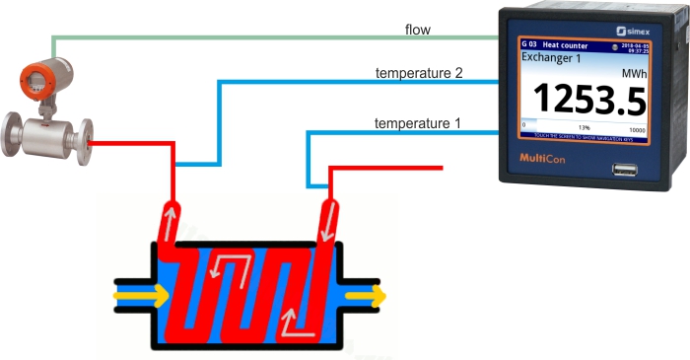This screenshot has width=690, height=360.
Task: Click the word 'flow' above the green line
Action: (x=417, y=31)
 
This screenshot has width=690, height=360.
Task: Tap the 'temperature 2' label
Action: (x=418, y=74)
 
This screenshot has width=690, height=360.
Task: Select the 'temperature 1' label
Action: (x=417, y=123)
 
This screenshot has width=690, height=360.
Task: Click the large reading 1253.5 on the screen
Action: (x=589, y=101)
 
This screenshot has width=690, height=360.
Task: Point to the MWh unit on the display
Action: (x=634, y=74)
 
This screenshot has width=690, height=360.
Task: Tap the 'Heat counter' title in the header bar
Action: (x=565, y=45)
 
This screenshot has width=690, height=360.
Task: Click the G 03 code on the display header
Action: (x=529, y=45)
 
